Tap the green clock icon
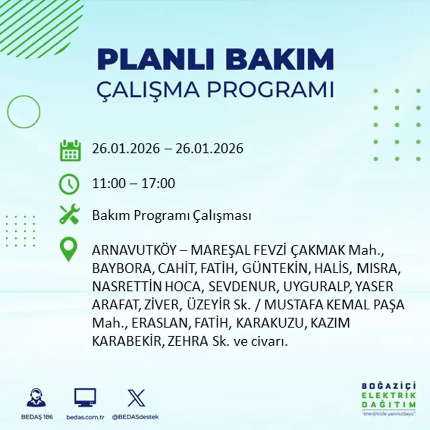69,184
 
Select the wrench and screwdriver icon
69,215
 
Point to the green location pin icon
68,249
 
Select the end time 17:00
158,183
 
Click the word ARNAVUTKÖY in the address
134,250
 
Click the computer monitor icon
85,398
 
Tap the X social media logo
136,398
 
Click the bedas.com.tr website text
85,417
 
